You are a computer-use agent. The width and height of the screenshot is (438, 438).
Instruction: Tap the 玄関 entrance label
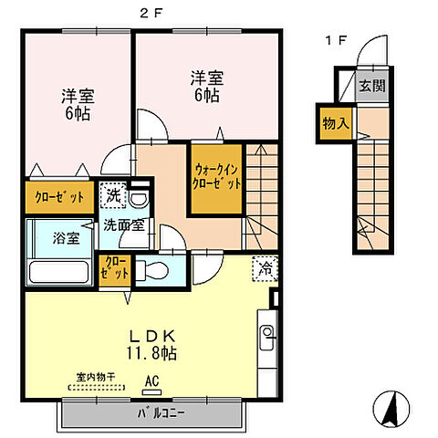coord(371,87)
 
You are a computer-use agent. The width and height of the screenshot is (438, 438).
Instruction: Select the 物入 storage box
coord(336,121)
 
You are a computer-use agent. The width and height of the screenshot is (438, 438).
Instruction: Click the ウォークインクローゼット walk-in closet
coord(217,176)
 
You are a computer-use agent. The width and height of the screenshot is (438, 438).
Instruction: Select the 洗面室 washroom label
coord(122,224)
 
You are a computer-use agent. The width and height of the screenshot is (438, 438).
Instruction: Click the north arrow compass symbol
coord(390,409)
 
